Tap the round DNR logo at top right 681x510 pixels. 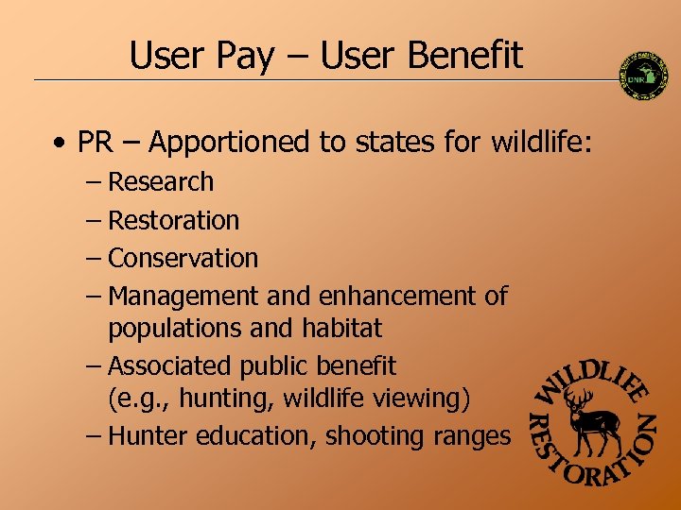[643, 75]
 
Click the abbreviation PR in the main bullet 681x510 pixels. [95, 143]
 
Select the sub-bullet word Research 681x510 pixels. [161, 181]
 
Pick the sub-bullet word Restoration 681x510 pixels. [174, 220]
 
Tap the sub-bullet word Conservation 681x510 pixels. [183, 258]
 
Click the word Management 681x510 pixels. [183, 297]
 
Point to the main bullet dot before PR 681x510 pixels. [60, 144]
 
